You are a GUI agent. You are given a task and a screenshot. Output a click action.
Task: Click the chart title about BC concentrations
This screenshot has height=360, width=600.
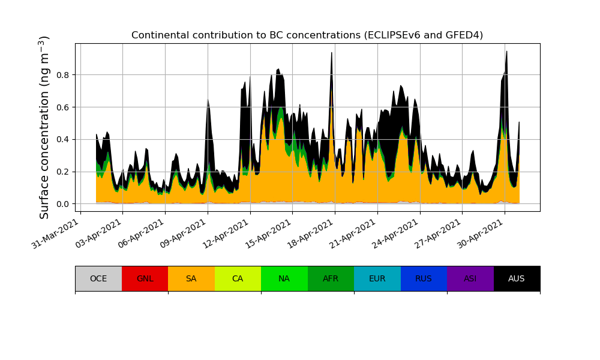[307, 35]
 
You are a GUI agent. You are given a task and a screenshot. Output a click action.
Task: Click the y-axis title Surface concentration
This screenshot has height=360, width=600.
[44, 127]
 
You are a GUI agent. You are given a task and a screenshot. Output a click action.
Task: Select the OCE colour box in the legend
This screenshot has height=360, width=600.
[98, 278]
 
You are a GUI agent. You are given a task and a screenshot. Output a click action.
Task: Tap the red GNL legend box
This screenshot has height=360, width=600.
[145, 278]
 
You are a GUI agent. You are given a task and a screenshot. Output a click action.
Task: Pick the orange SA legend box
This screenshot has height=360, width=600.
[191, 278]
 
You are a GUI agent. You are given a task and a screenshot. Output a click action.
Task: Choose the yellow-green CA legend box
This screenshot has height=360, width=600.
[238, 278]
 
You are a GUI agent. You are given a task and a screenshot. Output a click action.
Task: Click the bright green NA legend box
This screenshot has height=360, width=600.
[284, 278]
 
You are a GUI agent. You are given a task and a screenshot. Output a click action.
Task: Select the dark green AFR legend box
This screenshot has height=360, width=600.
[331, 278]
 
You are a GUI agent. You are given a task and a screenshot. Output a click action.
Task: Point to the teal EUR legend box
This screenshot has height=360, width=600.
[377, 278]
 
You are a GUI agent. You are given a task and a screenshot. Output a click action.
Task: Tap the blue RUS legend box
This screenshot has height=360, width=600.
[424, 278]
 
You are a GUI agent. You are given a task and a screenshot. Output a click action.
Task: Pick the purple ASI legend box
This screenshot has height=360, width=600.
[470, 278]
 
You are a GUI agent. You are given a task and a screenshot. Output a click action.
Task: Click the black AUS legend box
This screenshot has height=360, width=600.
[517, 278]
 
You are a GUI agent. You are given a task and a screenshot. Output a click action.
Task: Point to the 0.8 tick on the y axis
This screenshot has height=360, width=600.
[63, 75]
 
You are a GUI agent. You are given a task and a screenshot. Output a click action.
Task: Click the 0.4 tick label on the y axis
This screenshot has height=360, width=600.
[63, 140]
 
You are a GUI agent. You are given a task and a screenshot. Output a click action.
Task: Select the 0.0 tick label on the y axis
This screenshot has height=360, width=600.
[63, 204]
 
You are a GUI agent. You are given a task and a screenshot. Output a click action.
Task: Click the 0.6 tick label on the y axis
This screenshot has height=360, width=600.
[63, 107]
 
